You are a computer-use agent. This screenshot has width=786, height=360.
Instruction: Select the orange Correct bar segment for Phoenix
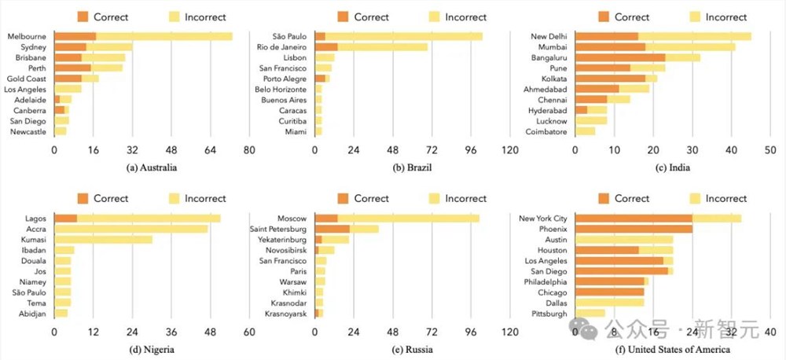click(x=634, y=229)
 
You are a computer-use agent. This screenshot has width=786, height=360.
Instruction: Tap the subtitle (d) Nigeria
click(x=151, y=350)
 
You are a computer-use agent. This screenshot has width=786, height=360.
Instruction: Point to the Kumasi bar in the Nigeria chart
click(x=103, y=239)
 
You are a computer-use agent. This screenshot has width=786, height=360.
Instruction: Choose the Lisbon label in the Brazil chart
click(x=296, y=57)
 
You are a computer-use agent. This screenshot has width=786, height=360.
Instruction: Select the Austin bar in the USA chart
click(x=624, y=239)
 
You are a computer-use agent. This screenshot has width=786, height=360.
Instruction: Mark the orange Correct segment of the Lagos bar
click(x=65, y=218)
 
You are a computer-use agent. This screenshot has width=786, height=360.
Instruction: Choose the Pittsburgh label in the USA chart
click(x=549, y=314)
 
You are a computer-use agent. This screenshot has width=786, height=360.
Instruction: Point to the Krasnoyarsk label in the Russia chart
click(x=286, y=314)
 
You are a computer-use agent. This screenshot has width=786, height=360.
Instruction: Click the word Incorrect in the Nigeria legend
click(x=205, y=198)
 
